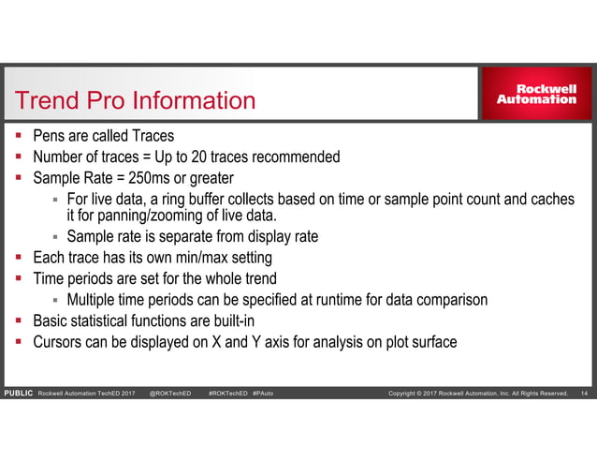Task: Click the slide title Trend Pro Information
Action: [130, 100]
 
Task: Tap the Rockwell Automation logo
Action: [535, 94]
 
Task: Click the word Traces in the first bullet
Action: [153, 136]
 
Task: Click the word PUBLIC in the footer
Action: [18, 393]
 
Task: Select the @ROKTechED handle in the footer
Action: [169, 393]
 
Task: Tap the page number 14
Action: [585, 393]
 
